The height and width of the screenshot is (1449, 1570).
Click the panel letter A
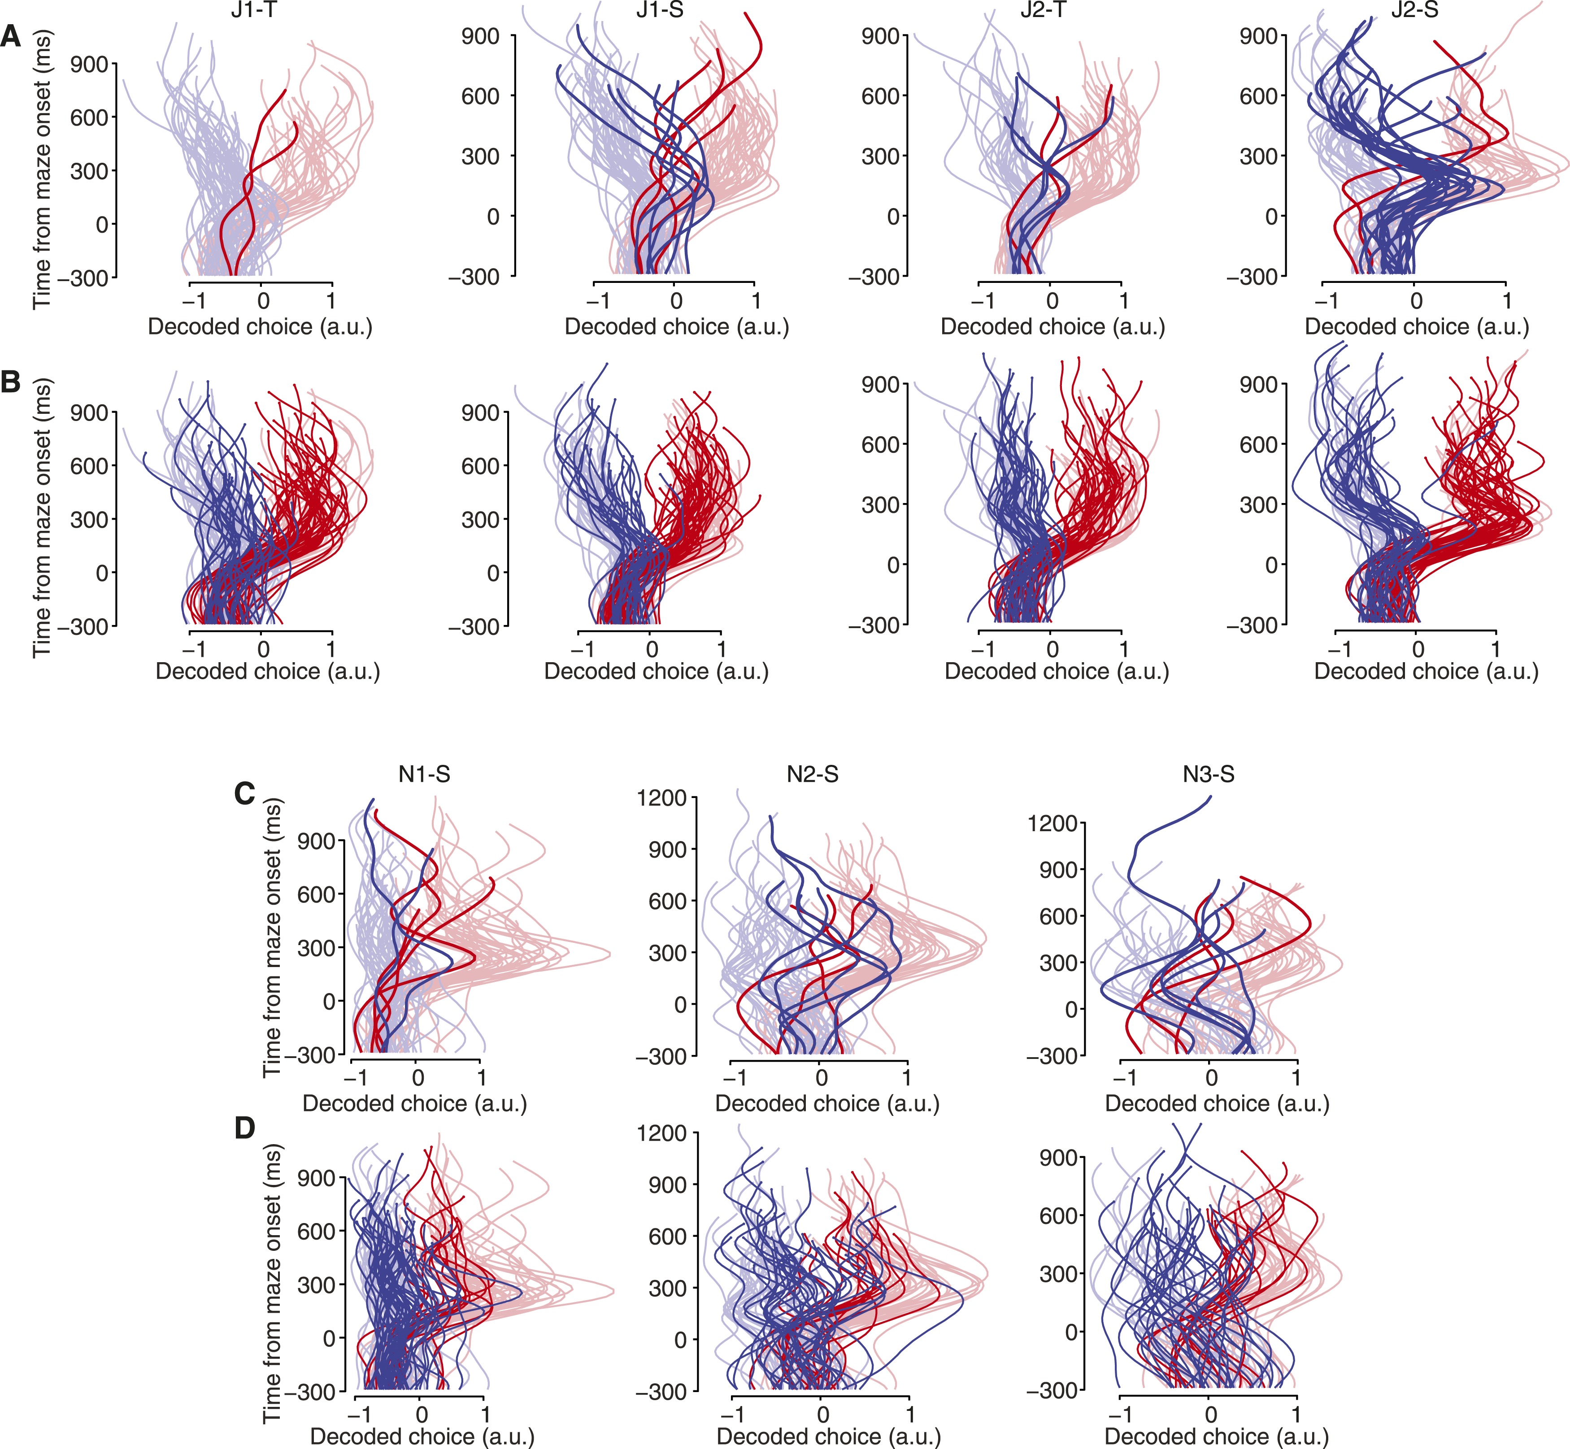click(x=11, y=36)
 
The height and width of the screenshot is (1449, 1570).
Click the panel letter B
click(x=11, y=382)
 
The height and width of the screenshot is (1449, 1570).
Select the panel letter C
click(x=245, y=794)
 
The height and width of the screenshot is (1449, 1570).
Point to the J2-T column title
click(x=1043, y=11)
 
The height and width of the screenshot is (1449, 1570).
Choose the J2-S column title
click(x=1415, y=11)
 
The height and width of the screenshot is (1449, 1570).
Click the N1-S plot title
click(x=424, y=775)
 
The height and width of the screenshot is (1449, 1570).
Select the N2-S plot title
click(x=813, y=775)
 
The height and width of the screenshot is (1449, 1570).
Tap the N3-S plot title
click(x=1209, y=775)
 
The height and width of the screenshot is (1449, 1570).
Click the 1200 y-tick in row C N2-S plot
click(x=661, y=798)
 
